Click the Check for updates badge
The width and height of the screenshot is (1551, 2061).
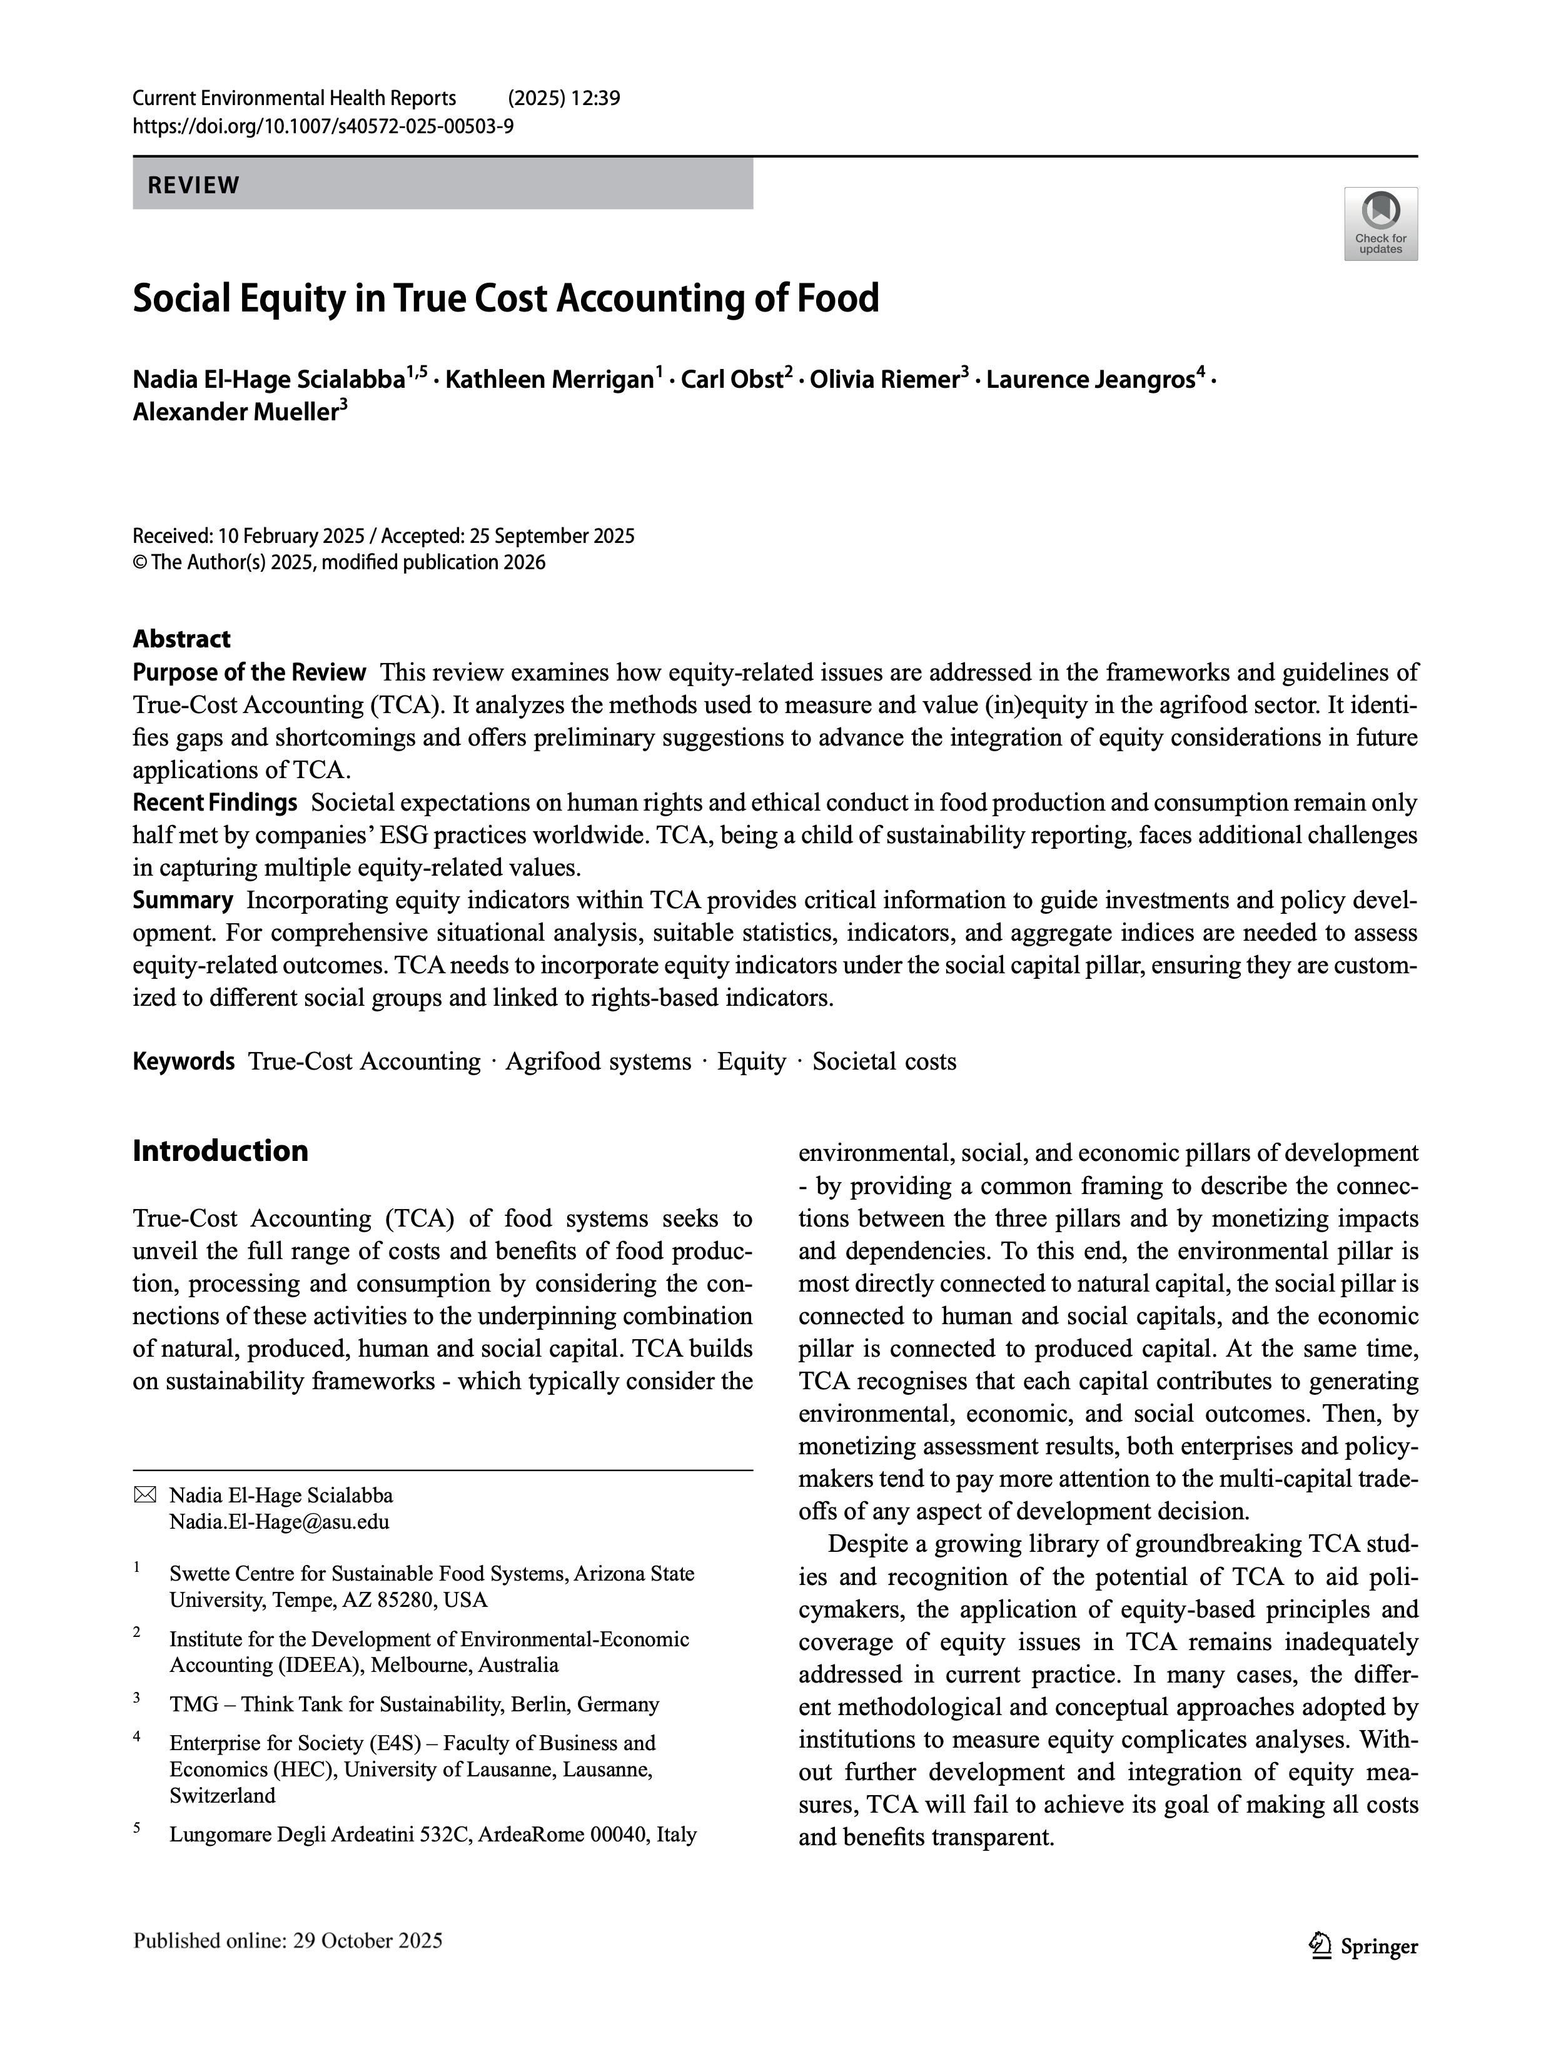[1380, 224]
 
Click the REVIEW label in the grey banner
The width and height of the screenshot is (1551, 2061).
[194, 185]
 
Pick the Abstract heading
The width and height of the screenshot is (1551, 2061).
[181, 639]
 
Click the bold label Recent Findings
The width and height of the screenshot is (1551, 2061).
[215, 803]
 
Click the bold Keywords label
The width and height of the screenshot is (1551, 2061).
[183, 1061]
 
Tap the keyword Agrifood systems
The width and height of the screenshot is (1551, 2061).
[598, 1062]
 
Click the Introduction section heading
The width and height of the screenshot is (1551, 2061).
[220, 1151]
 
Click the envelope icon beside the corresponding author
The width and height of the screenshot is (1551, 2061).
[144, 1496]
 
